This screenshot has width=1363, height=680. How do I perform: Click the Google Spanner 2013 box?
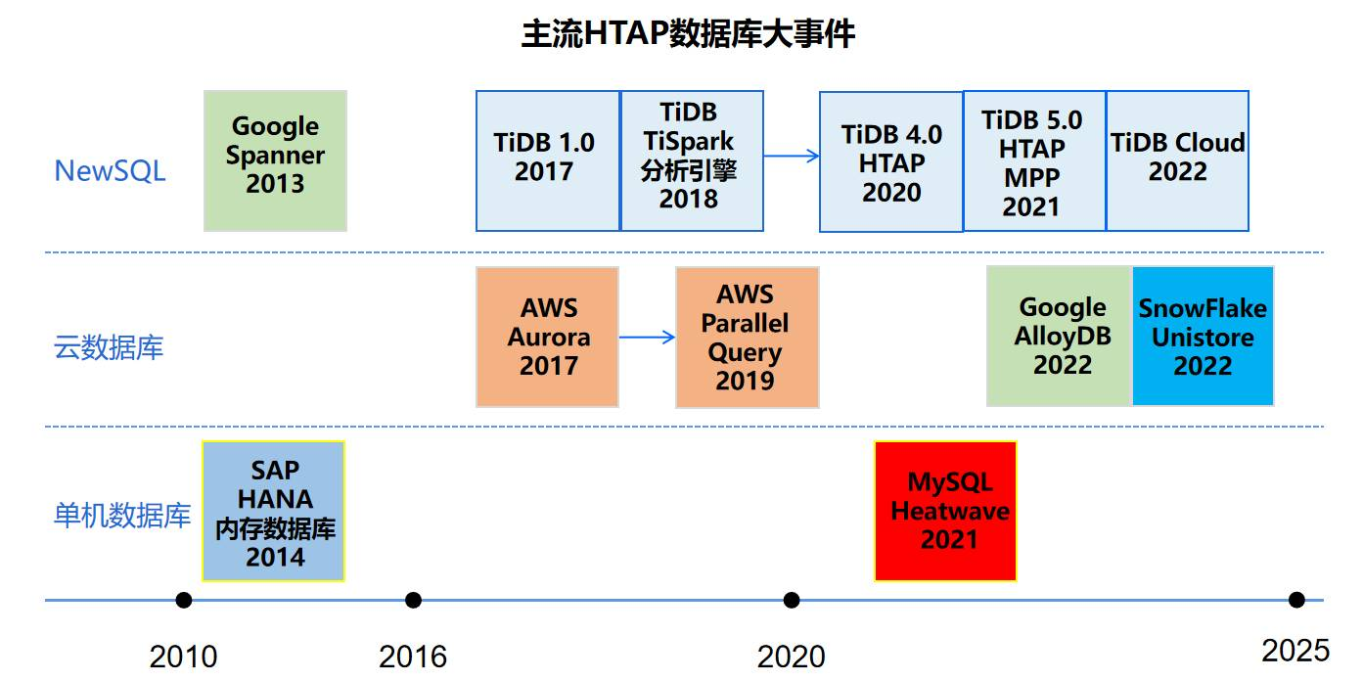[275, 160]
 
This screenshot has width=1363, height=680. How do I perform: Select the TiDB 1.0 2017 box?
[548, 160]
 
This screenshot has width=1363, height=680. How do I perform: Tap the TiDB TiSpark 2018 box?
[692, 160]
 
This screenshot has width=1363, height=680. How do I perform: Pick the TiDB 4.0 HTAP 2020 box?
[891, 161]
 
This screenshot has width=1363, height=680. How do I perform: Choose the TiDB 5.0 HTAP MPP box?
[1034, 160]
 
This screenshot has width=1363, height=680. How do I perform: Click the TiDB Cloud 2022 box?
[1177, 160]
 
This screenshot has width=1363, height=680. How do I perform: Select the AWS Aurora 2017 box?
[547, 337]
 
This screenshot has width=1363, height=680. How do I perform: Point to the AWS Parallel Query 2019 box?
[748, 337]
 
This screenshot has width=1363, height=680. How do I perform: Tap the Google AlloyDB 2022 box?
[1060, 336]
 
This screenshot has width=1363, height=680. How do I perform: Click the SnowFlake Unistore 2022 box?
[1203, 336]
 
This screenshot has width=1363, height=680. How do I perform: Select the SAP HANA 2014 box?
[274, 511]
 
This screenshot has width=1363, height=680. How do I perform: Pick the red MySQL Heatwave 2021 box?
[945, 511]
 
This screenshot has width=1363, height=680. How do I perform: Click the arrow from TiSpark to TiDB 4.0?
[792, 156]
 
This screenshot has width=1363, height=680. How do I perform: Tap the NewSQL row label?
[111, 171]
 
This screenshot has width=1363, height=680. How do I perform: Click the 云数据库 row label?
[109, 347]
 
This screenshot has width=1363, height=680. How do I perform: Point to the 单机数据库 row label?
[122, 516]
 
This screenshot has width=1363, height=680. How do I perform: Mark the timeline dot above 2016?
[413, 601]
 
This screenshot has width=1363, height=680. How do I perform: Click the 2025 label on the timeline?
[1295, 651]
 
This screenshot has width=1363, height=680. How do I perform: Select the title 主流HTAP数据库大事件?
[688, 33]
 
